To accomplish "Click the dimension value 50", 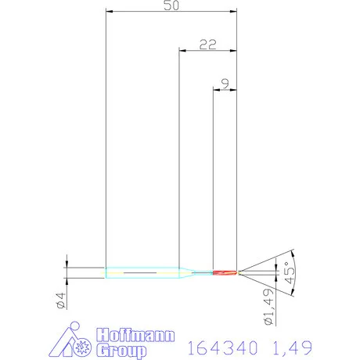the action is point(171,5).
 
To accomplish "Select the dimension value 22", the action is point(208,45).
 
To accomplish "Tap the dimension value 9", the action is point(225,84).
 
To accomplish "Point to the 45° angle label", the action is point(290,272).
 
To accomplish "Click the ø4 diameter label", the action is point(61,301).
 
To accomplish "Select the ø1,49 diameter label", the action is point(269,307).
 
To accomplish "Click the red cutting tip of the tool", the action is point(225,272).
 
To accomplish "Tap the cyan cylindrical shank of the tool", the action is point(142,272).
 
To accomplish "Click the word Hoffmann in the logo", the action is point(135,335).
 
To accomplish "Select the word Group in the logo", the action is point(121,350).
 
